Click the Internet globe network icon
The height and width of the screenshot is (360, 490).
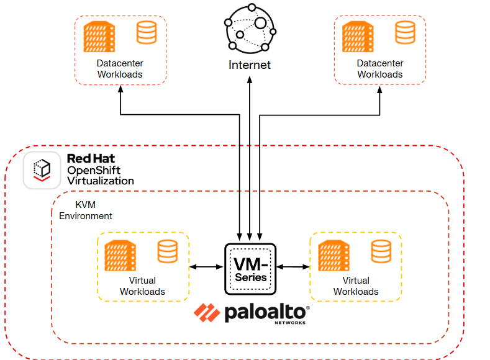[x=250, y=29]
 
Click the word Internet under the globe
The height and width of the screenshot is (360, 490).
[x=250, y=65]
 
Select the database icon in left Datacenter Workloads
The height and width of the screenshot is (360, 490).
[x=147, y=32]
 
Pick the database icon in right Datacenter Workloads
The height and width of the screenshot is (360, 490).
[x=405, y=32]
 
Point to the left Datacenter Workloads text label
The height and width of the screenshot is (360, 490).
[x=120, y=69]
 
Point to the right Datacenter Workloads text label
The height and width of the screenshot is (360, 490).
[x=380, y=69]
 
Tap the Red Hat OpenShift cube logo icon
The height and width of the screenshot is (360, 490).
[x=42, y=169]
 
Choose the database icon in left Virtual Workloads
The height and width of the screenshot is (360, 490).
[x=166, y=251]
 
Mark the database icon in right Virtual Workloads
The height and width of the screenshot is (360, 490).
[x=381, y=251]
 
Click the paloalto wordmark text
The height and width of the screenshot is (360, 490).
[x=266, y=313]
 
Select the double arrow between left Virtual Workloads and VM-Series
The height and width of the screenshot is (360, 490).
[x=205, y=267]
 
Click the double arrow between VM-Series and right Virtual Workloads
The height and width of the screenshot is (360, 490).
[x=294, y=267]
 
